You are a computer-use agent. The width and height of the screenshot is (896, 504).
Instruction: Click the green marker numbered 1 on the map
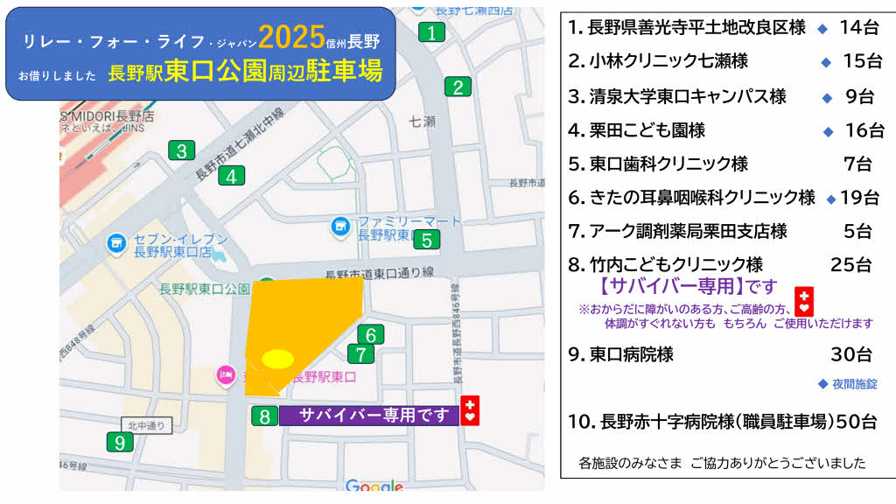431,33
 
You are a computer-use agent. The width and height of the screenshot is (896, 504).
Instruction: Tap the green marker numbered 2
458,87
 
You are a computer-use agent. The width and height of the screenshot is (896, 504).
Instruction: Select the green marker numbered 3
181,150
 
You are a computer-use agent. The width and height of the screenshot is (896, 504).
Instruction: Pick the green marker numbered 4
231,176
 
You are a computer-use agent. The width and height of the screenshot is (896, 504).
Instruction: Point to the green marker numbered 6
371,334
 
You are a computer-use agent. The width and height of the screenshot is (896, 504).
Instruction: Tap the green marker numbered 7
360,354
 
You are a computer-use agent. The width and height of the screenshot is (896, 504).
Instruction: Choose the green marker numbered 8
264,416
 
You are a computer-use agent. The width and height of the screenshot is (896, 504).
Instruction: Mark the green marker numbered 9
119,443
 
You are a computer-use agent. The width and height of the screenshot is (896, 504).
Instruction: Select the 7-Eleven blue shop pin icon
115,241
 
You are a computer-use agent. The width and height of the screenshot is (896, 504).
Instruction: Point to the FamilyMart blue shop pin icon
339,227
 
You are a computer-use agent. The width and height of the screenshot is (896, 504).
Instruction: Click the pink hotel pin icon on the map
225,376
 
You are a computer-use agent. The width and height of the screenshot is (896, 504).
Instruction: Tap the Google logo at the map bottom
374,486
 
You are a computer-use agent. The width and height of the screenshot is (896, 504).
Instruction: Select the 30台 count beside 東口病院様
850,354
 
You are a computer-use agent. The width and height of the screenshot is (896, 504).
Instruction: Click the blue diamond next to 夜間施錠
822,383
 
